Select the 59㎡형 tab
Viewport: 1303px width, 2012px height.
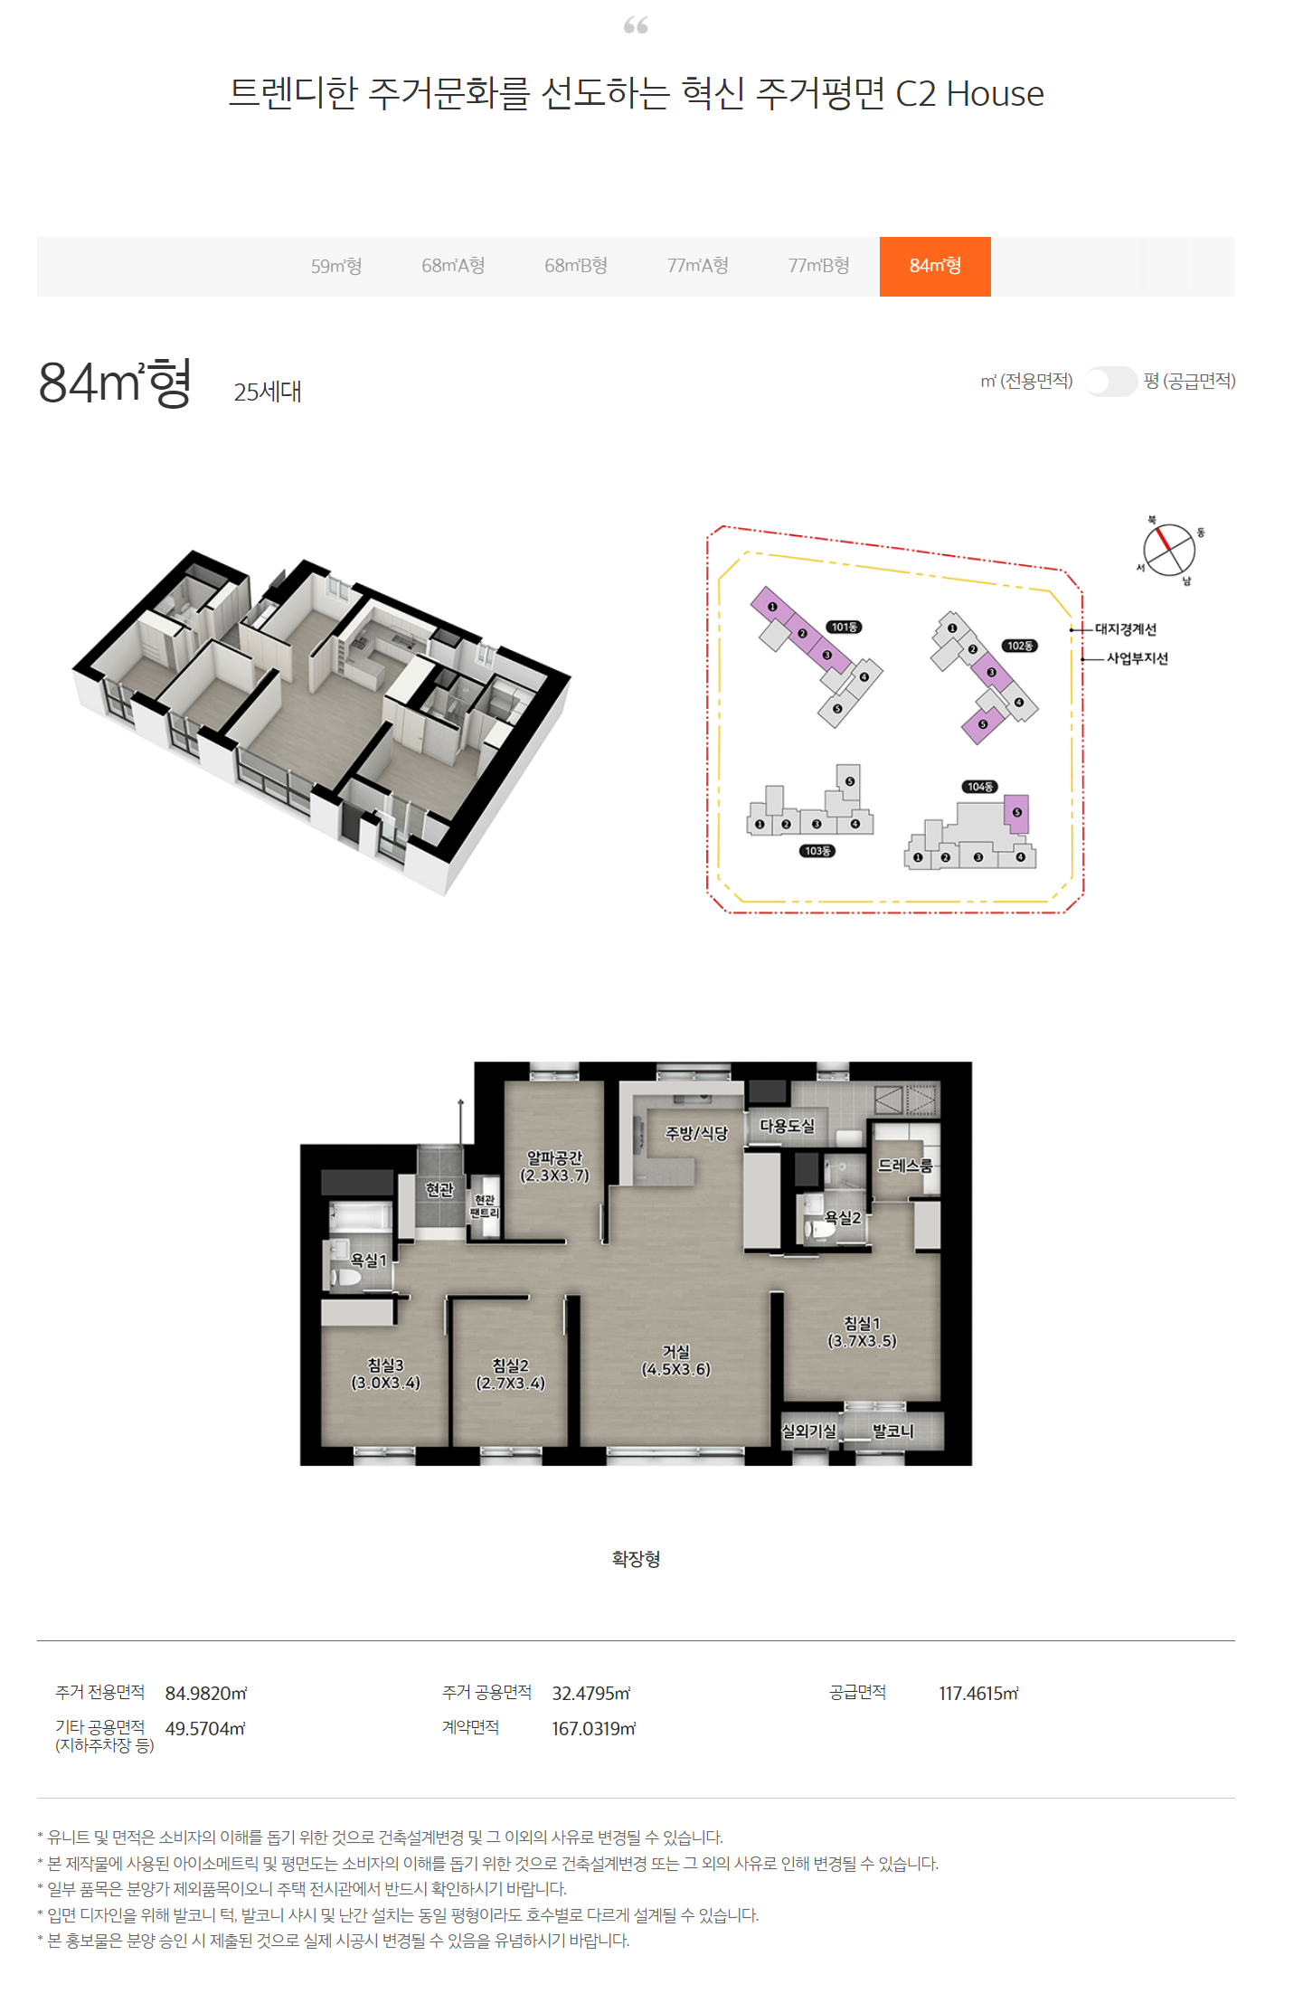[x=336, y=266]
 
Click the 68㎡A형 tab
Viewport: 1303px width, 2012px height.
[x=453, y=266]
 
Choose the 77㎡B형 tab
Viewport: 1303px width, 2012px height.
[x=818, y=266]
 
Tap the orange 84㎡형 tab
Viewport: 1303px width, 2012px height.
[x=935, y=266]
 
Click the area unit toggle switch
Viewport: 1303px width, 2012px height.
[x=1109, y=382]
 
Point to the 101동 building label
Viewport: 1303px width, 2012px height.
[x=845, y=627]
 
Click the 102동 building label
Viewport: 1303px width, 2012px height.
[x=1020, y=646]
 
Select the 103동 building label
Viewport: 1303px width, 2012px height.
[x=817, y=851]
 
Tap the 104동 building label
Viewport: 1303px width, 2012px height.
[x=980, y=787]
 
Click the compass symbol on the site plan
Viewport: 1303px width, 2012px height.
[x=1169, y=549]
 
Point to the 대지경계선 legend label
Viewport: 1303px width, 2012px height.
[x=1126, y=629]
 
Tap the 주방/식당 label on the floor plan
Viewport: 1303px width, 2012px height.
[x=696, y=1133]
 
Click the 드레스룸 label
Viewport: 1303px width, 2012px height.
[x=905, y=1166]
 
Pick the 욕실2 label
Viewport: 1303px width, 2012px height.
[x=843, y=1218]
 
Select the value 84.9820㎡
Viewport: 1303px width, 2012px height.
[x=206, y=1693]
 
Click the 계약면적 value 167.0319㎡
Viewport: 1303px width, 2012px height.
[x=594, y=1728]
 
